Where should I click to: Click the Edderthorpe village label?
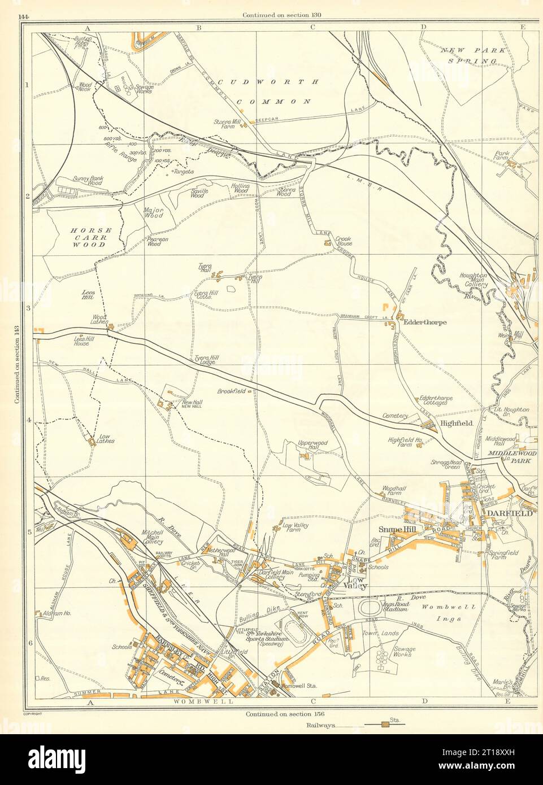point(426,322)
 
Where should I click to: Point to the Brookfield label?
point(231,391)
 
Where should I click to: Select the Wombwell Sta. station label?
point(297,686)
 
